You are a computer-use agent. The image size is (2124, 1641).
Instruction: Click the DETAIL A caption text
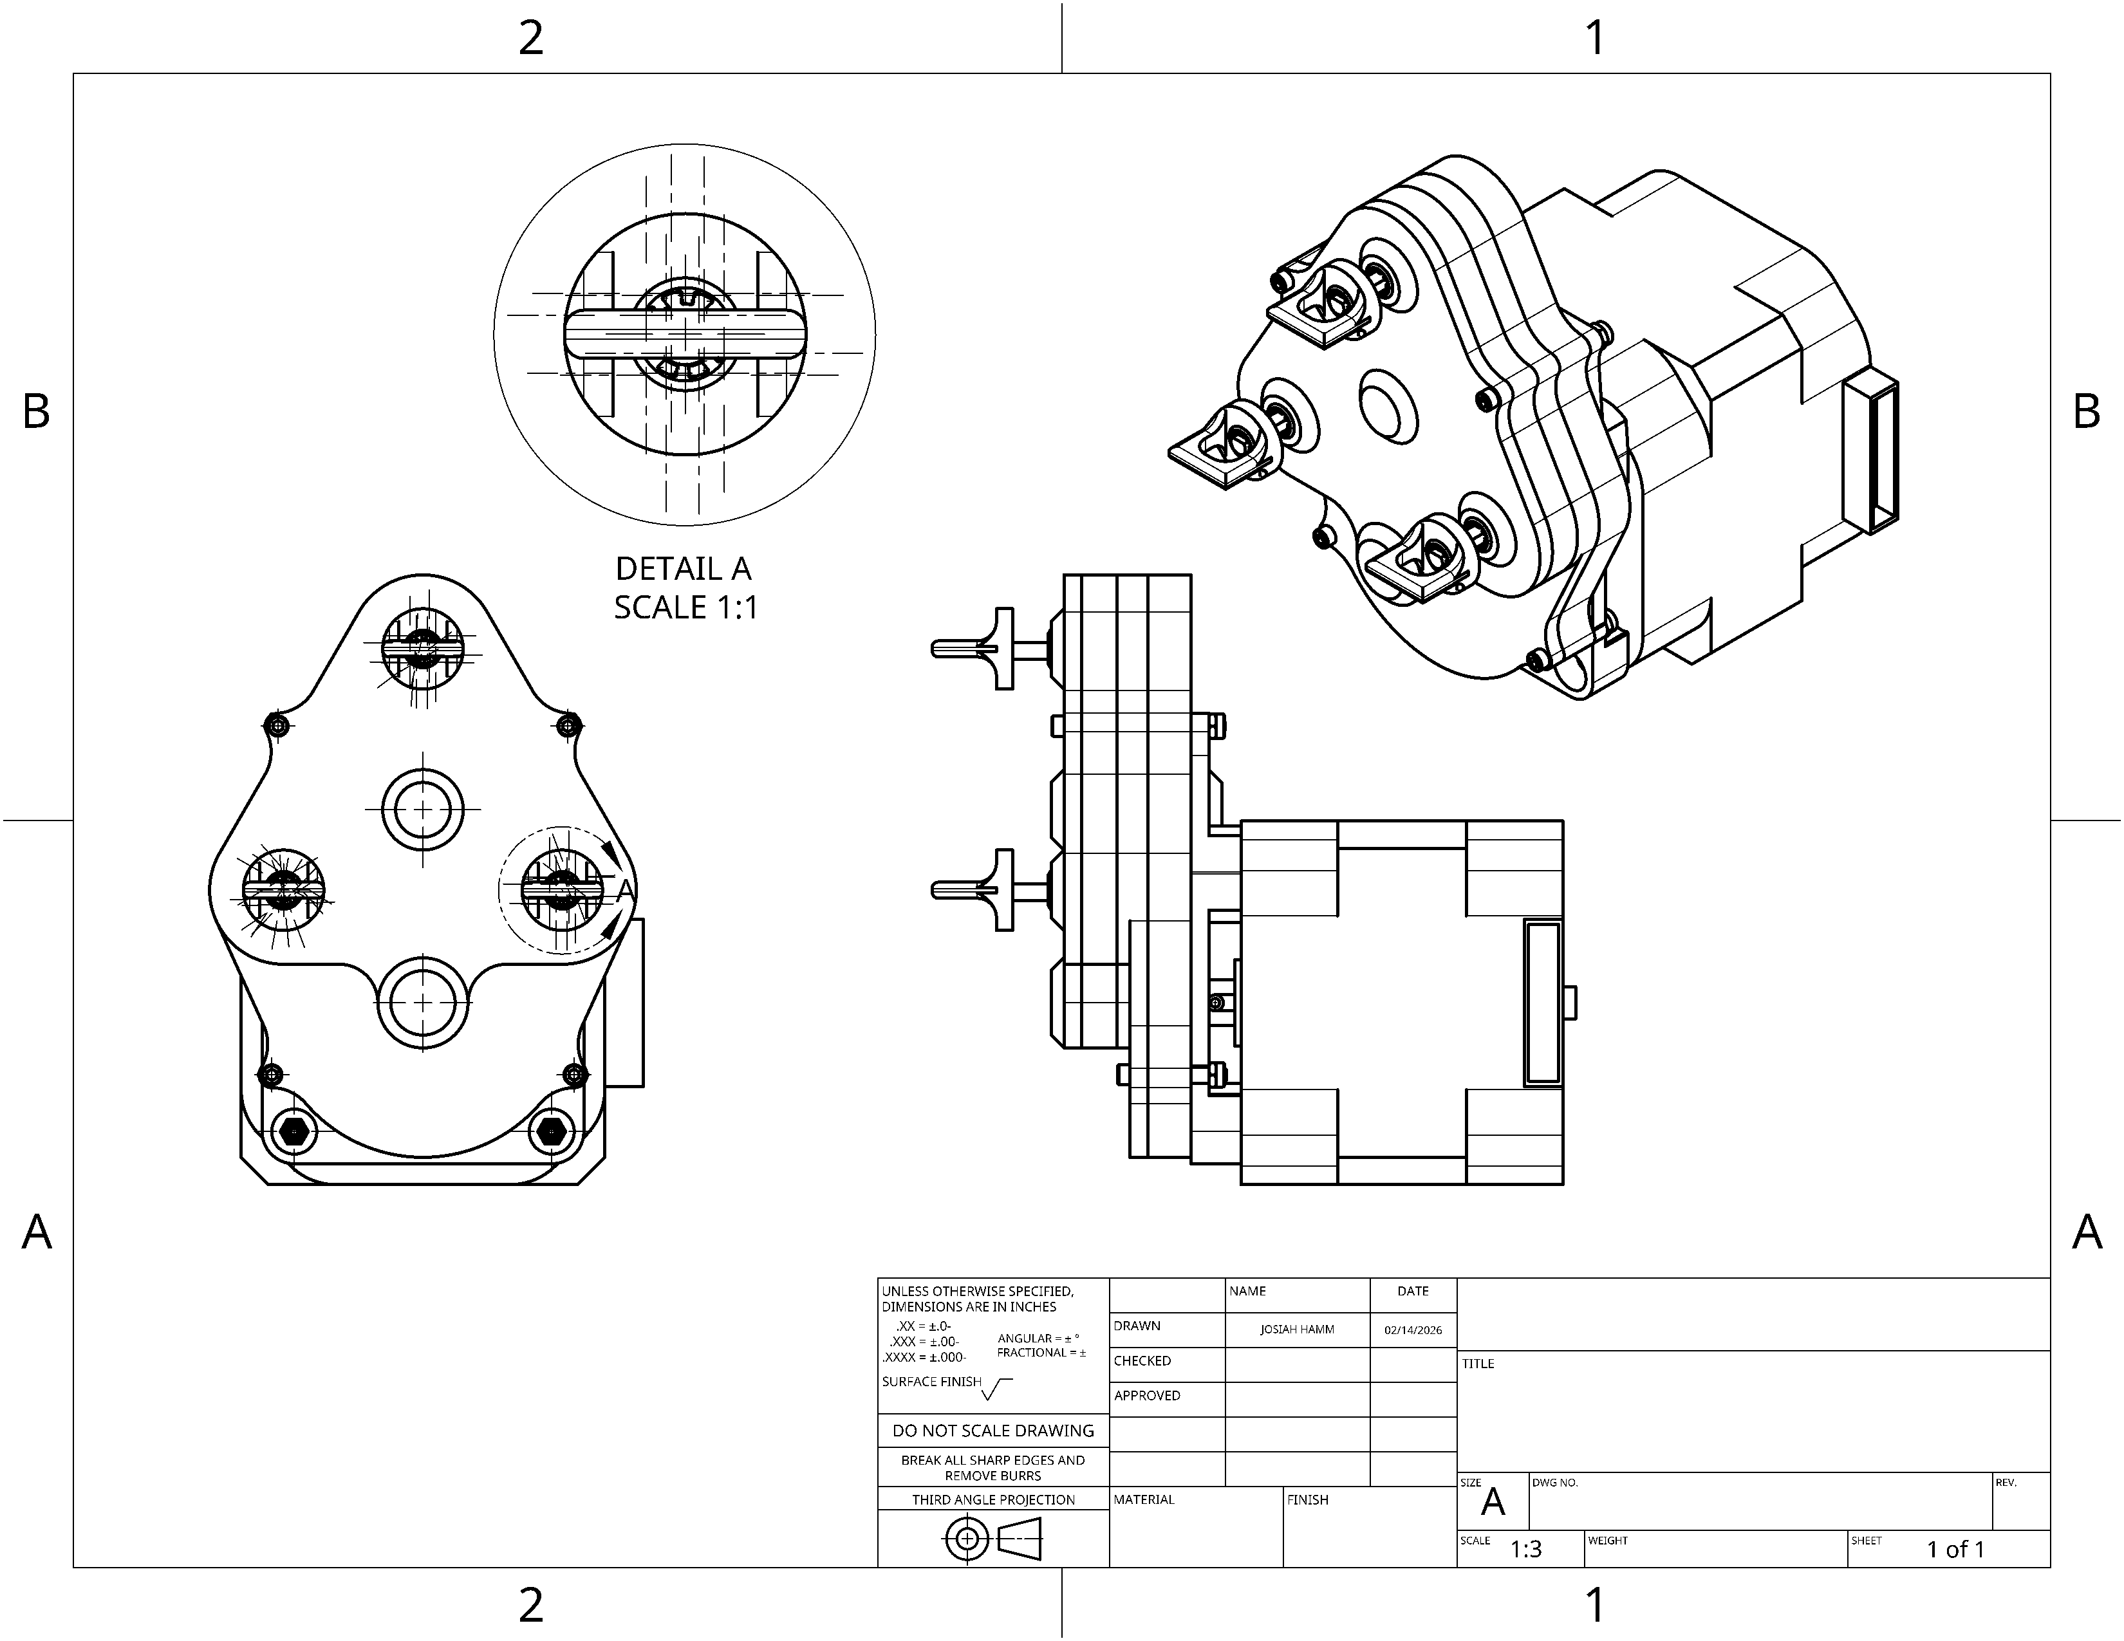684,569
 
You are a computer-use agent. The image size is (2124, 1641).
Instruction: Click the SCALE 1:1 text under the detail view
685,607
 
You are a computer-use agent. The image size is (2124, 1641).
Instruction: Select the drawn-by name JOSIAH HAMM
1298,1329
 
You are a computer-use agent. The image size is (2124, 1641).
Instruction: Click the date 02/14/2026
1413,1329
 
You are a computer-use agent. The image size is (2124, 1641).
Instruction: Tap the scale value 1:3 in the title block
1526,1548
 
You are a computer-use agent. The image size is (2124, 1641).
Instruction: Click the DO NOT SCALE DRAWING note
993,1430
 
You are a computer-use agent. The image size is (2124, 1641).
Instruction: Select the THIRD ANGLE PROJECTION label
993,1499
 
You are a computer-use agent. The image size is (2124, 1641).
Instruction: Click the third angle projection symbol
993,1539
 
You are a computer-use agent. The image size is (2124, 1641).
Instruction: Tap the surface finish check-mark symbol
997,1389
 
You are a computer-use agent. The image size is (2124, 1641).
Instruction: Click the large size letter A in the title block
1493,1503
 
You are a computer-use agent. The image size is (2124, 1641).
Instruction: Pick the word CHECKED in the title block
1142,1361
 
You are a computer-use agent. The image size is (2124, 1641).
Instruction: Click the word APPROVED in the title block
1146,1395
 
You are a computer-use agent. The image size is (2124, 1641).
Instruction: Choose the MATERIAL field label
1144,1499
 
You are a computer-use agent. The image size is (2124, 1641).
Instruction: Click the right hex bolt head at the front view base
552,1131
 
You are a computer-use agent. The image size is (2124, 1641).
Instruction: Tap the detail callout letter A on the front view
626,889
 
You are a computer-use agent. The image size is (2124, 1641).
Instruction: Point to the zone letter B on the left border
36,411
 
